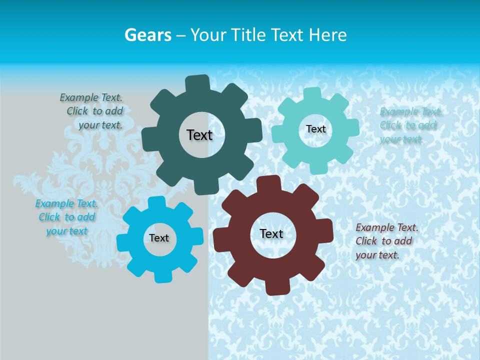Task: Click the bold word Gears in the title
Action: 147,35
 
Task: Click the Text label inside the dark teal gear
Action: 199,135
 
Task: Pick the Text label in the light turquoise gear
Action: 315,129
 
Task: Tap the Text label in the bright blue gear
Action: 159,238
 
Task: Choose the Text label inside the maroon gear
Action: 271,233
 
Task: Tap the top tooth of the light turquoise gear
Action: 312,93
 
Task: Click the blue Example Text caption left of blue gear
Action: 67,217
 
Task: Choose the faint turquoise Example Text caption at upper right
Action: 410,125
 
